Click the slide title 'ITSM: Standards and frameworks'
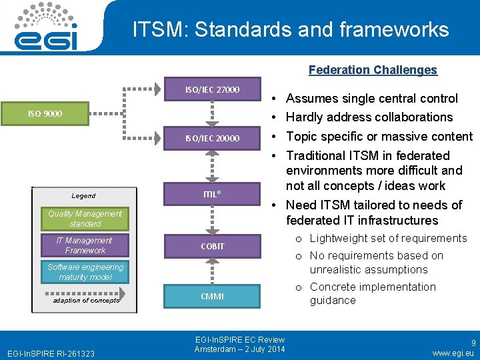coord(290,29)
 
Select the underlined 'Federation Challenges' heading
coord(373,70)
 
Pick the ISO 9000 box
coord(45,113)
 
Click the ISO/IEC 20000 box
coord(212,139)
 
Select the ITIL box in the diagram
coord(212,194)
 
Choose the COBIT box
coord(212,246)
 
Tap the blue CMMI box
coord(212,296)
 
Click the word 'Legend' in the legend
coord(83,196)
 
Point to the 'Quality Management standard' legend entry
coord(85,219)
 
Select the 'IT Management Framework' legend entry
coord(85,245)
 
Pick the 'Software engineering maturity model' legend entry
coord(85,272)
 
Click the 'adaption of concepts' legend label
coord(86,300)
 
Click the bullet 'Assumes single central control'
coord(371,99)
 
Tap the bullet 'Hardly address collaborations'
coord(369,117)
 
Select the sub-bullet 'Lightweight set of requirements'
coord(388,239)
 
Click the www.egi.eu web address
coord(453,353)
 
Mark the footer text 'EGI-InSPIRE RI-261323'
coord(51,353)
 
